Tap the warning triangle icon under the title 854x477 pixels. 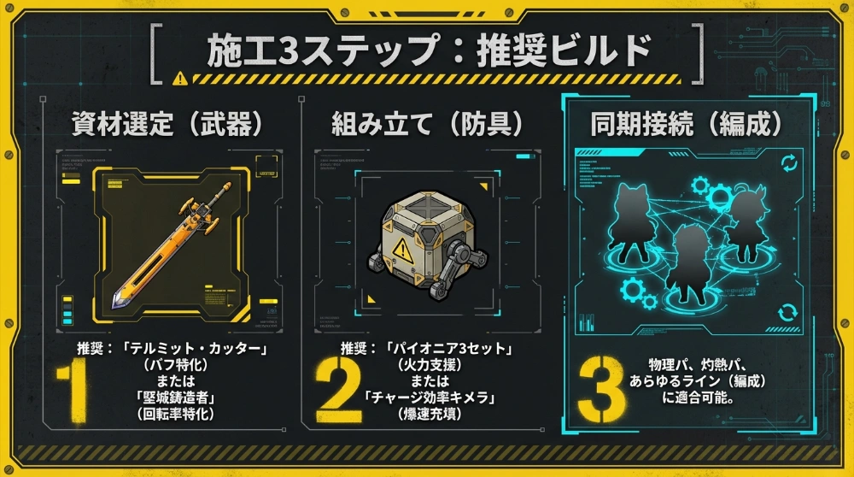pos(179,79)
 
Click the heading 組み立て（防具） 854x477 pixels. pos(427,124)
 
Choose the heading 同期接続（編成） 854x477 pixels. pos(687,124)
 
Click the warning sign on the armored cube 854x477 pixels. pos(400,249)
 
